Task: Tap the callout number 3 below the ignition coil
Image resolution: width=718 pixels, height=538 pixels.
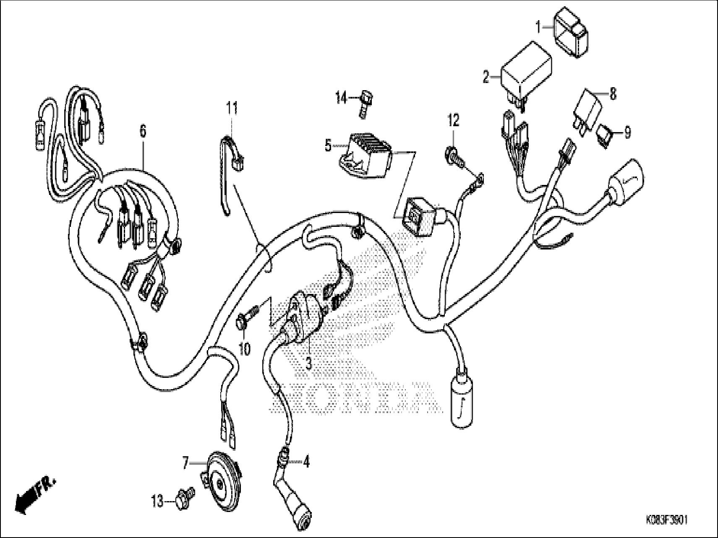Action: click(x=309, y=363)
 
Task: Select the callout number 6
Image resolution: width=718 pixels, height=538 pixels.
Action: click(x=143, y=131)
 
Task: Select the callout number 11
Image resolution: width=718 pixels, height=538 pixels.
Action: click(x=232, y=109)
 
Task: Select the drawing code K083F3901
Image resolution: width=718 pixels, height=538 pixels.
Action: click(x=667, y=521)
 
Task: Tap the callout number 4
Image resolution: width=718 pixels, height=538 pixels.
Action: click(x=306, y=463)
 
